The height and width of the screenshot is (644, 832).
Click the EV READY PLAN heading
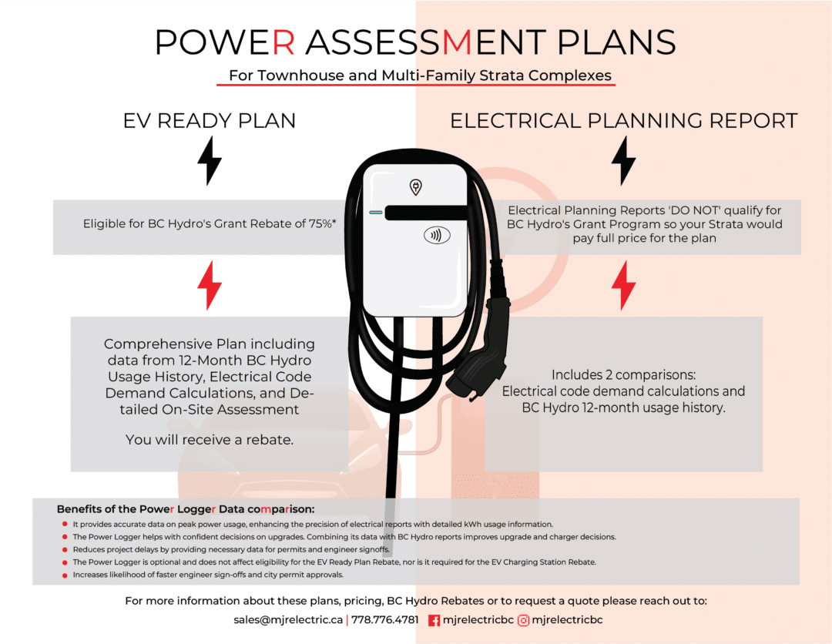[210, 121]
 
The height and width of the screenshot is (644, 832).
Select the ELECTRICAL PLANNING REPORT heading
[623, 121]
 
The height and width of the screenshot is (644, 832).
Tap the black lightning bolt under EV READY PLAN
[210, 160]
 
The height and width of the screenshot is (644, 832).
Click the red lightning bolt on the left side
[210, 286]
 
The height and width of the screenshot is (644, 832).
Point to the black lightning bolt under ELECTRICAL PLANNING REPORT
[623, 160]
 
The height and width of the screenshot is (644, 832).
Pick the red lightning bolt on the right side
[623, 286]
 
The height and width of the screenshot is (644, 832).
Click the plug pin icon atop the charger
[416, 187]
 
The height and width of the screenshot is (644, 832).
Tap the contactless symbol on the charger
[437, 236]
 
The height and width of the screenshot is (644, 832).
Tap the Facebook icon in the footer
[434, 620]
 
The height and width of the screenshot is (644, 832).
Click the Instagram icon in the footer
[524, 620]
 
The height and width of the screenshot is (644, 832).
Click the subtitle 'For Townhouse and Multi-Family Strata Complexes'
[416, 75]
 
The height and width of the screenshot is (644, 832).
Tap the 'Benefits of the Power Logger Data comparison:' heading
[186, 509]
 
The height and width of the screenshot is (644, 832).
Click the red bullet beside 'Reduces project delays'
[65, 549]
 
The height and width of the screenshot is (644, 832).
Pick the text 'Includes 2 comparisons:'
[623, 375]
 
